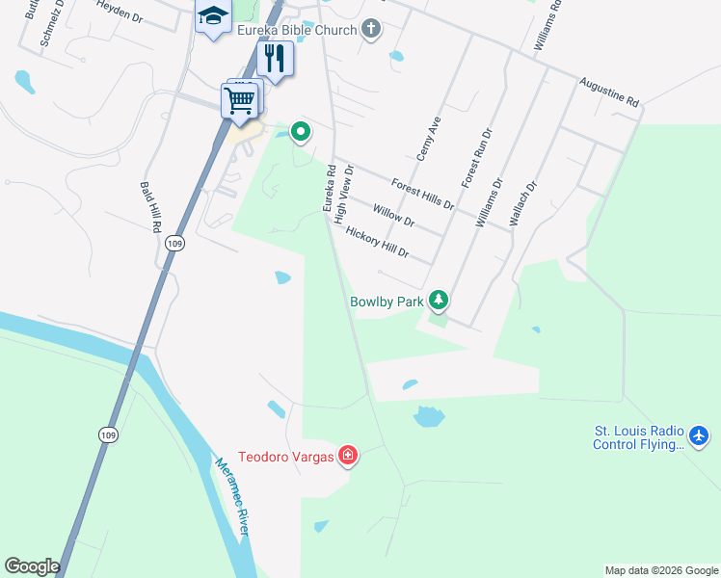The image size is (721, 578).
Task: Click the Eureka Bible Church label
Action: click(x=296, y=30)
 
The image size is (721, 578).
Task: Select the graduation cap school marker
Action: click(x=213, y=16)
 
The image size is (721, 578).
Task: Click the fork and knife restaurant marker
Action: click(x=275, y=60)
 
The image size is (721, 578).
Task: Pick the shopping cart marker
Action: click(x=239, y=99)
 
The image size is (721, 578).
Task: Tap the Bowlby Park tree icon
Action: click(x=439, y=301)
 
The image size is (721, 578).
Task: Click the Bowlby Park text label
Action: click(x=387, y=302)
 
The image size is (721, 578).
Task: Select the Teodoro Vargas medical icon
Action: click(x=347, y=456)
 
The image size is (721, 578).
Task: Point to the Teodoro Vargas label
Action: click(x=286, y=457)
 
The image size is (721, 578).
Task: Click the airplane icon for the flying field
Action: click(x=700, y=436)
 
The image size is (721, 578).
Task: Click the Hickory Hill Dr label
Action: click(x=377, y=245)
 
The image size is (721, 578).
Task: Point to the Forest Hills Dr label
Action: click(x=422, y=193)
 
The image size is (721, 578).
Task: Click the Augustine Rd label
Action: click(x=609, y=92)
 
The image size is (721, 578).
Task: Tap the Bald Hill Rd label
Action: click(x=149, y=208)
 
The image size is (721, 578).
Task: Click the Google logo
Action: click(x=32, y=566)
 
